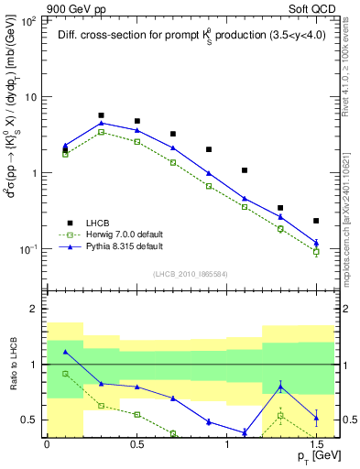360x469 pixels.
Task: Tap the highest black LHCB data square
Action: (101, 115)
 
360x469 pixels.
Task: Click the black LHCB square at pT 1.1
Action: (245, 170)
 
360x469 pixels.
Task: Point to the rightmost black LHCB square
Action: (316, 221)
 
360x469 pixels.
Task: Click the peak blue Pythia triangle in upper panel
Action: (101, 123)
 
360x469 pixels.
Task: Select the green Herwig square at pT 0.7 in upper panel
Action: (172, 162)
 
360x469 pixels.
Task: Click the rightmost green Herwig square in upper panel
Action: (316, 251)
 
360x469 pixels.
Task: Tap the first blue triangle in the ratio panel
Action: (65, 352)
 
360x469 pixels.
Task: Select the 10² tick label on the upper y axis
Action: (29, 20)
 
